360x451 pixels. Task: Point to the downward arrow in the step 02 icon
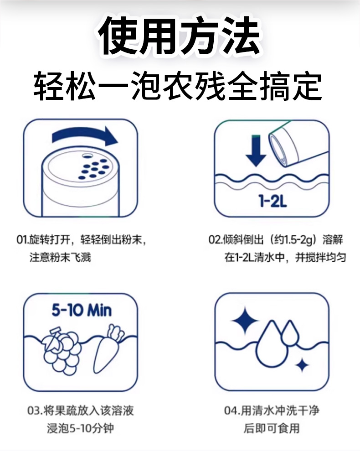point(256,150)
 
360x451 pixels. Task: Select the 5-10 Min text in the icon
point(82,311)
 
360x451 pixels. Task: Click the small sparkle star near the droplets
point(302,365)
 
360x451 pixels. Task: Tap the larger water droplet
point(272,346)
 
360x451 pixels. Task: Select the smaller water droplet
point(290,333)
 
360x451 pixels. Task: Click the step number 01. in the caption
point(22,239)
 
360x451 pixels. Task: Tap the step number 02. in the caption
point(215,239)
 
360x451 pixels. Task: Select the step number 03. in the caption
point(35,411)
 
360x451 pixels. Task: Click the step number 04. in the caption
point(231,411)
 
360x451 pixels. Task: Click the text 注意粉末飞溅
point(61,257)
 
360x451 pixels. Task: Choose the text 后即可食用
point(272,428)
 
